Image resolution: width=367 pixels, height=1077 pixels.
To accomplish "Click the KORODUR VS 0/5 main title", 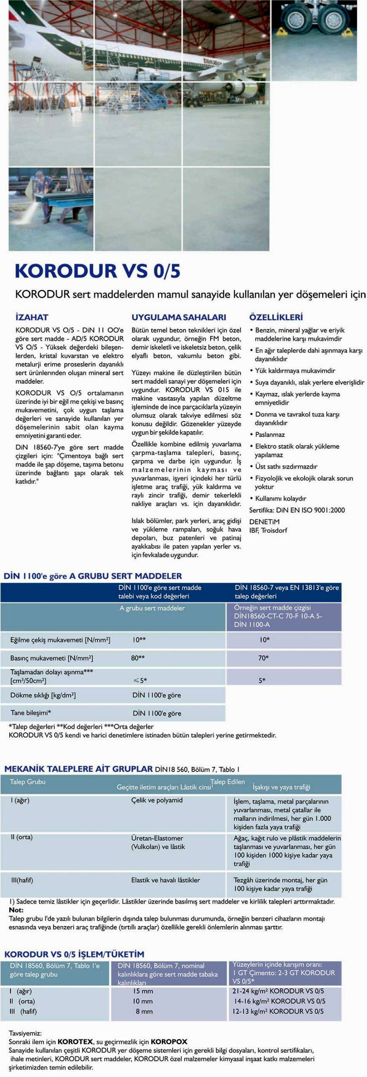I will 98,271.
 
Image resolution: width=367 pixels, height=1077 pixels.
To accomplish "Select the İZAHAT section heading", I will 32,317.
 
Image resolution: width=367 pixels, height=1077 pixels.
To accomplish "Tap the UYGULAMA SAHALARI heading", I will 179,317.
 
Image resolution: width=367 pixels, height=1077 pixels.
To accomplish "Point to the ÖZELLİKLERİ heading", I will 276,317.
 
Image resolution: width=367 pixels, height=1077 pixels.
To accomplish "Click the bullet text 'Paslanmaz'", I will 270,435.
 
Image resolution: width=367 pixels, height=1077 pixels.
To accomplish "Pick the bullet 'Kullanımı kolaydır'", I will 281,499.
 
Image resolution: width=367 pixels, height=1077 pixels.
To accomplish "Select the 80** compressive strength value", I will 138,658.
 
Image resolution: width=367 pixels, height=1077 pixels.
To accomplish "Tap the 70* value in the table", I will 263,658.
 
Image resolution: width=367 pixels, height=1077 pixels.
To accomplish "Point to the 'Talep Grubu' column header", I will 27,782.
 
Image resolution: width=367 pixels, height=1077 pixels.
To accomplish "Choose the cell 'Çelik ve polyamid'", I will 157,800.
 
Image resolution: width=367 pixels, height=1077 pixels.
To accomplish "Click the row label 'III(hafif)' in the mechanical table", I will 22,880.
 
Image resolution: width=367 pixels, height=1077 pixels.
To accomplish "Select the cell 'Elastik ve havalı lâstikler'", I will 166,880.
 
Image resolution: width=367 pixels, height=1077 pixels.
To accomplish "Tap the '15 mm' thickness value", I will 143,991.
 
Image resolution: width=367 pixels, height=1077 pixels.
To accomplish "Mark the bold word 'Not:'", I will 16,910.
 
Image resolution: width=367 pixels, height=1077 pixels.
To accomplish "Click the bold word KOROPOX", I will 169,1042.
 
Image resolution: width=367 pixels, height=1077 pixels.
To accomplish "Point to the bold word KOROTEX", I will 75,1042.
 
